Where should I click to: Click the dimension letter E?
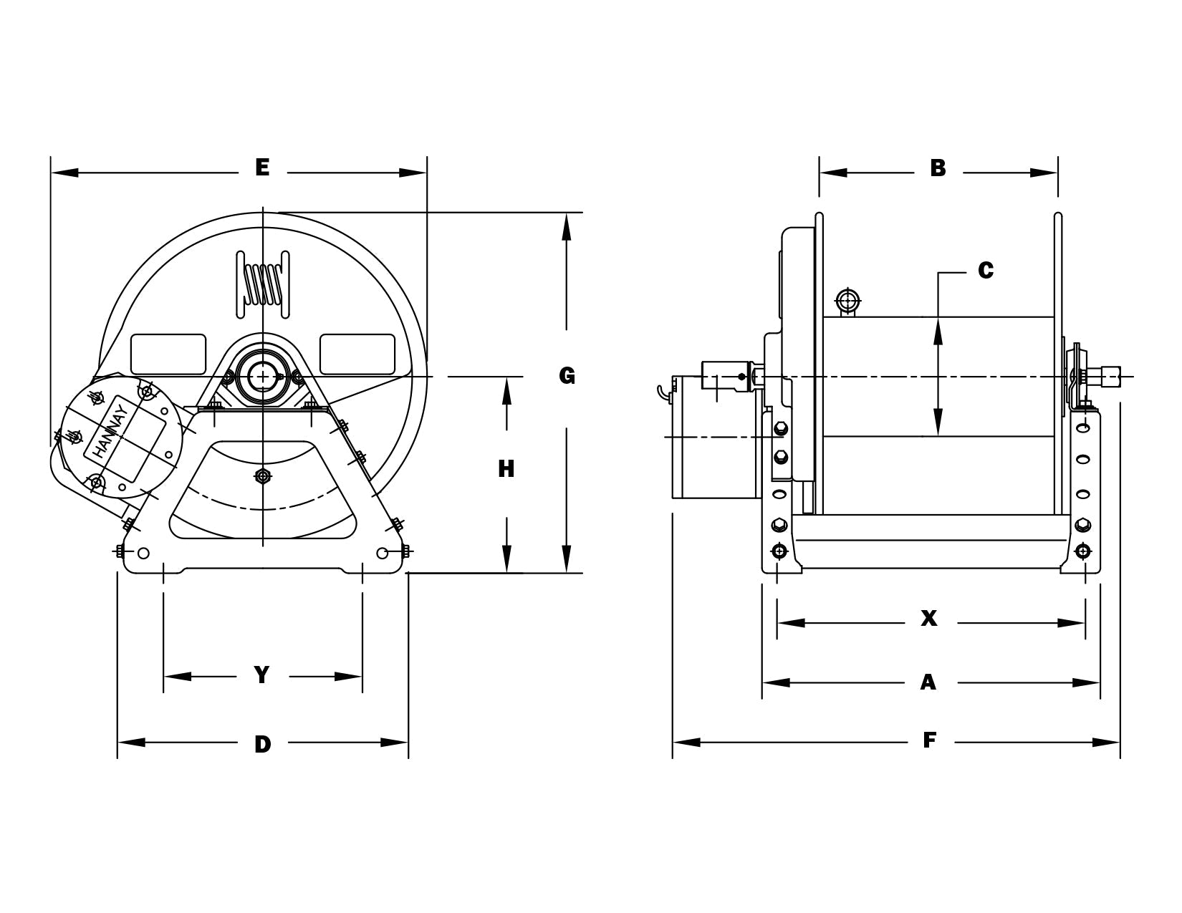click(262, 168)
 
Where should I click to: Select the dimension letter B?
click(938, 168)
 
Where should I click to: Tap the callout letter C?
click(986, 271)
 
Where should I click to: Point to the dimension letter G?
click(567, 375)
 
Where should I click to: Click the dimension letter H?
click(506, 469)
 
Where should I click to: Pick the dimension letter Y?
click(262, 675)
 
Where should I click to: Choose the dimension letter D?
click(263, 744)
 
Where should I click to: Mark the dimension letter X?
click(928, 619)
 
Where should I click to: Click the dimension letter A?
click(928, 682)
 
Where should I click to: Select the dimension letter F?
click(929, 740)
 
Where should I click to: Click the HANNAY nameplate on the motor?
click(110, 432)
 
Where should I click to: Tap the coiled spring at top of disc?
click(263, 284)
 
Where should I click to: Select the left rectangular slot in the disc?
click(168, 354)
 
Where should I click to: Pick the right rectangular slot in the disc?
click(357, 354)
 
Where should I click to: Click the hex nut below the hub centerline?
click(263, 476)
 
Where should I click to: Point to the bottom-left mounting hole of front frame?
click(143, 553)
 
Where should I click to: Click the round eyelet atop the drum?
click(847, 299)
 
